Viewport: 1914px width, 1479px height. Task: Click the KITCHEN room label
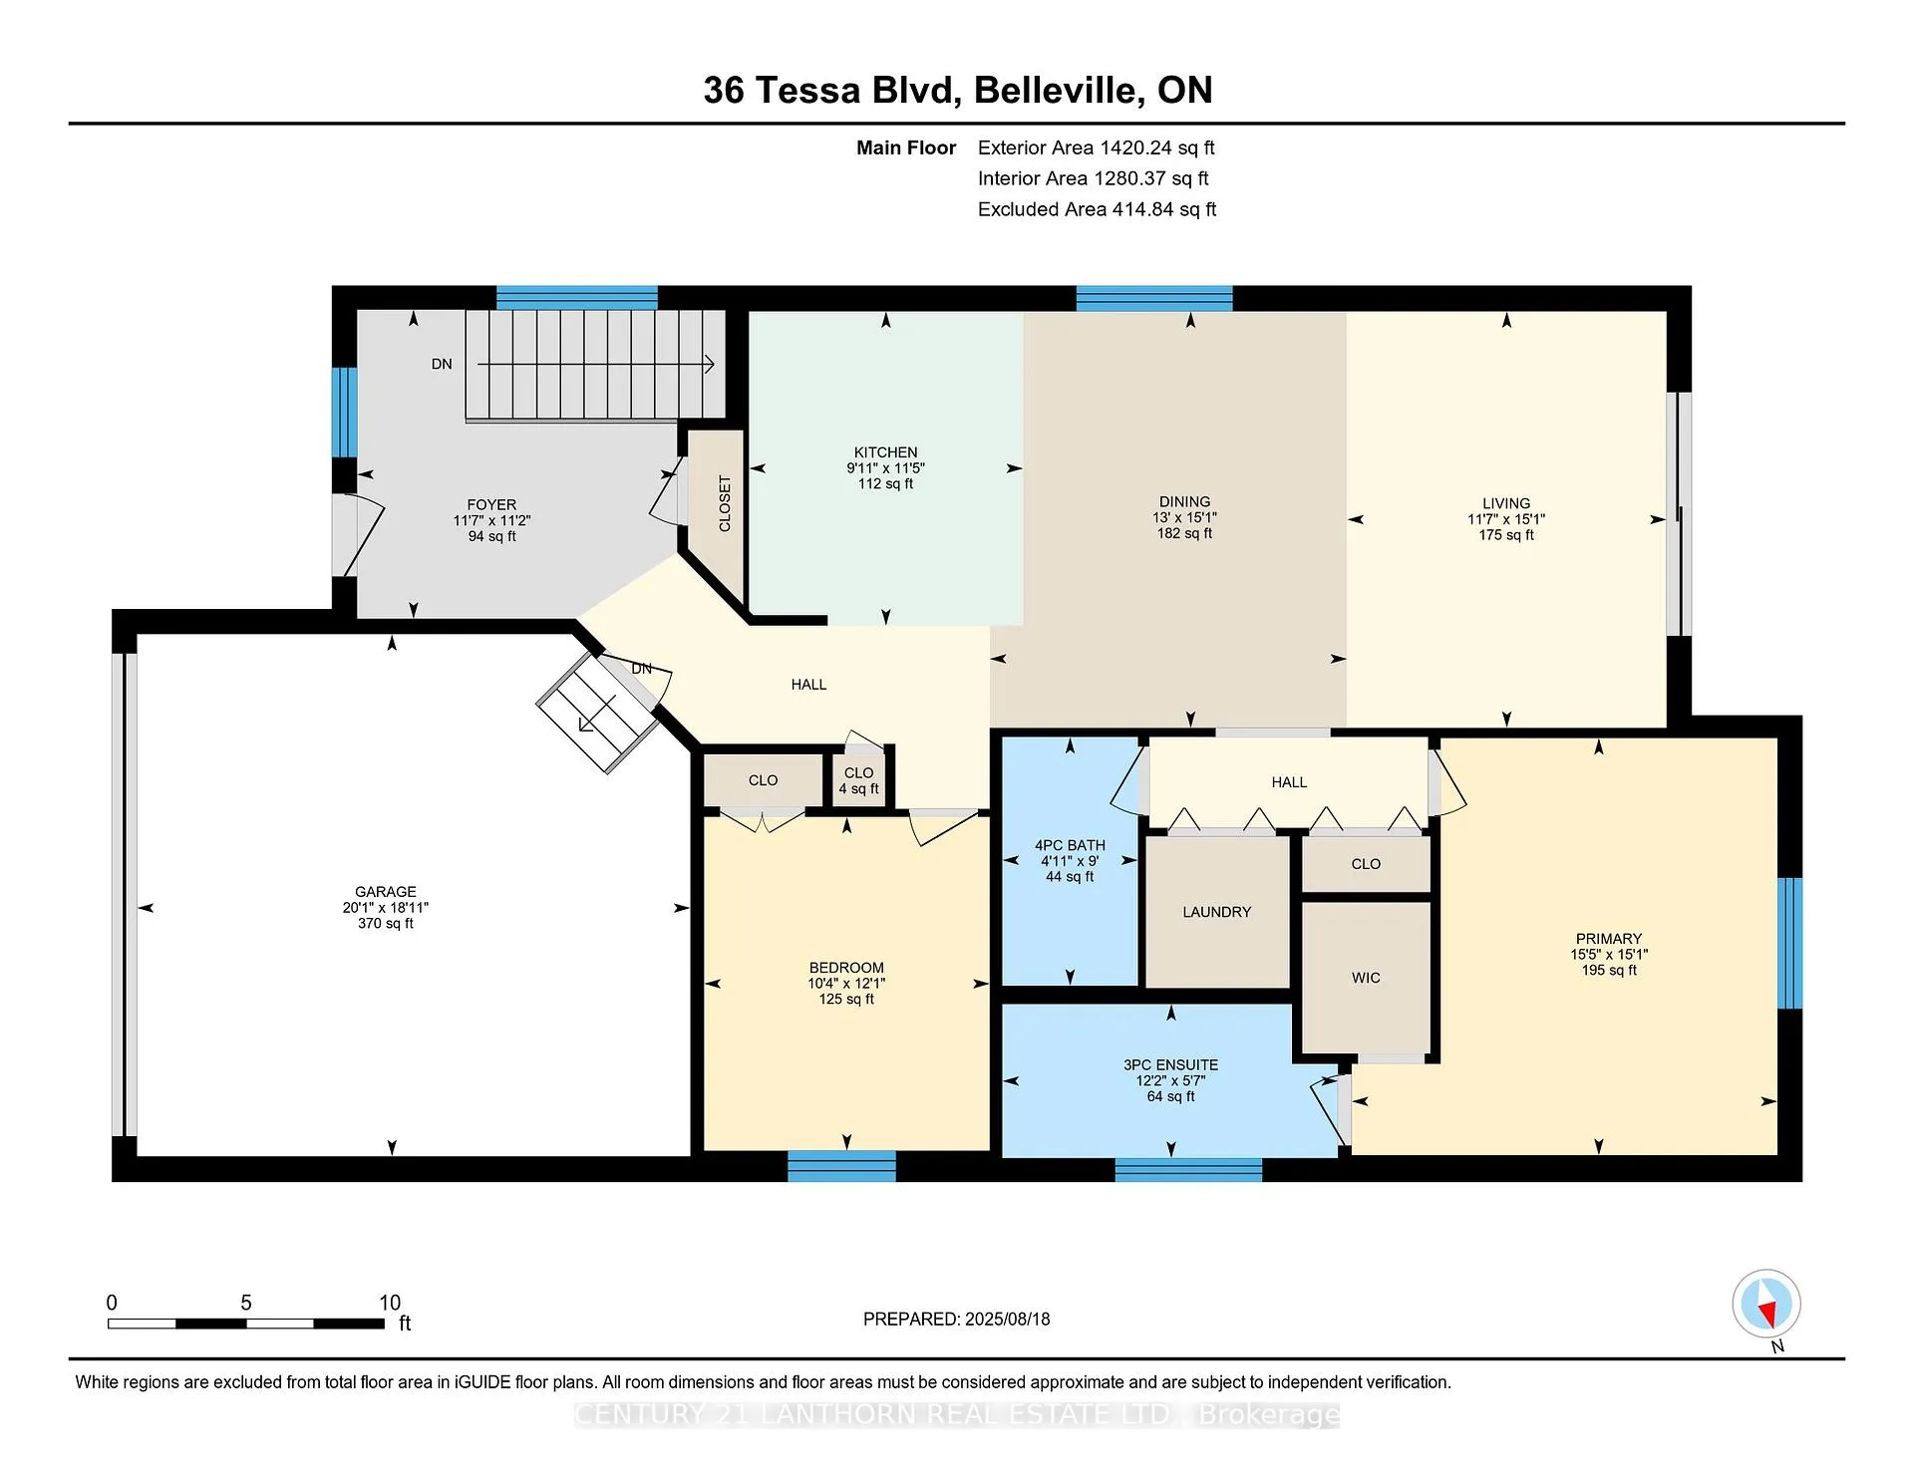(885, 452)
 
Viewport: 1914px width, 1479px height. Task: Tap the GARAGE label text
(386, 892)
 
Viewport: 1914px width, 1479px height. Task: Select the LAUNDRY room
(1216, 912)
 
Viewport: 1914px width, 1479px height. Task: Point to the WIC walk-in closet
(1366, 978)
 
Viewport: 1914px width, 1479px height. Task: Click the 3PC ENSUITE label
(1170, 1065)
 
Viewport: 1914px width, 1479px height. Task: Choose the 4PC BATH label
(1070, 845)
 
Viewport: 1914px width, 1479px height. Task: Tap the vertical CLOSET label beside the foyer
(725, 503)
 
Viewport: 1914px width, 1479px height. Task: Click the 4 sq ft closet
(858, 780)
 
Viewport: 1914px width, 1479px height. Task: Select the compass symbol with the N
(1766, 1305)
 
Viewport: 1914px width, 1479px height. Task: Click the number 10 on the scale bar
(390, 1303)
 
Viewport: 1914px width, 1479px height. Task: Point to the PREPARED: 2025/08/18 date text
(956, 1319)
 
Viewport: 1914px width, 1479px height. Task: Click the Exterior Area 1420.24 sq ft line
(1096, 148)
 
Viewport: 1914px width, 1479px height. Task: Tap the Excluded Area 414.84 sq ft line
(1097, 209)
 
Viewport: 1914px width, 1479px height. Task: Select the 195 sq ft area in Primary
(1609, 970)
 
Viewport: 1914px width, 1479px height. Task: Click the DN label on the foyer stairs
(442, 364)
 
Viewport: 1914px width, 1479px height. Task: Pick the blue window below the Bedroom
(841, 1166)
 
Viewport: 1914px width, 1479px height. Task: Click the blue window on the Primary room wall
(1790, 943)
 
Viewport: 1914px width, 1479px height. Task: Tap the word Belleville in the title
(1058, 91)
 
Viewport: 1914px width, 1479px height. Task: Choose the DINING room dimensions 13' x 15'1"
(1184, 518)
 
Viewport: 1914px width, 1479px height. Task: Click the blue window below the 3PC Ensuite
(1188, 1169)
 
